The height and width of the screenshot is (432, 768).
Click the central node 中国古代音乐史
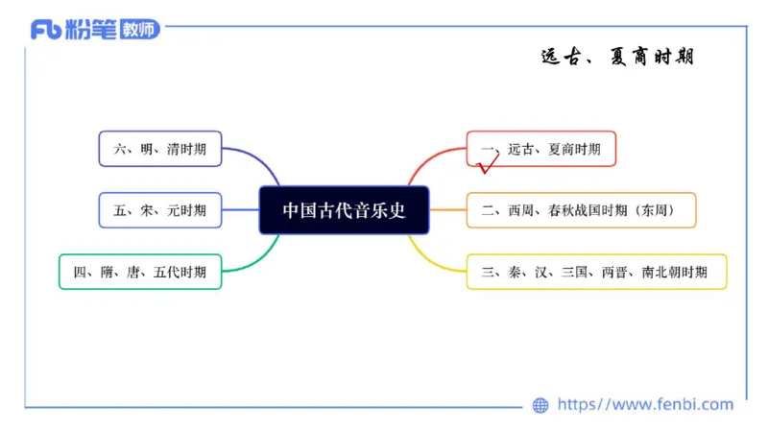(344, 210)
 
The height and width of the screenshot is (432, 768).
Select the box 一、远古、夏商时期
(540, 150)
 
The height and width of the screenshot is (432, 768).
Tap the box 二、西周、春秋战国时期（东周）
(581, 210)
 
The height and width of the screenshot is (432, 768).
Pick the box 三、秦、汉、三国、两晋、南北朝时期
(595, 272)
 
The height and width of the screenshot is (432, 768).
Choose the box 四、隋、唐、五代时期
(140, 272)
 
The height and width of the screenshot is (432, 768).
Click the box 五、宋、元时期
(159, 210)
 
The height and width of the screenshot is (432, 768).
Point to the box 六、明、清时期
(159, 149)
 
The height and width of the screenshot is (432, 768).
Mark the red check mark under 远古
(488, 167)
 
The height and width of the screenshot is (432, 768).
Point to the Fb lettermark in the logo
(46, 30)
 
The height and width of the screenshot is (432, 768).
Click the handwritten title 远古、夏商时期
(616, 57)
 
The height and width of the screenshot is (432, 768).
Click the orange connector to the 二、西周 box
(447, 210)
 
